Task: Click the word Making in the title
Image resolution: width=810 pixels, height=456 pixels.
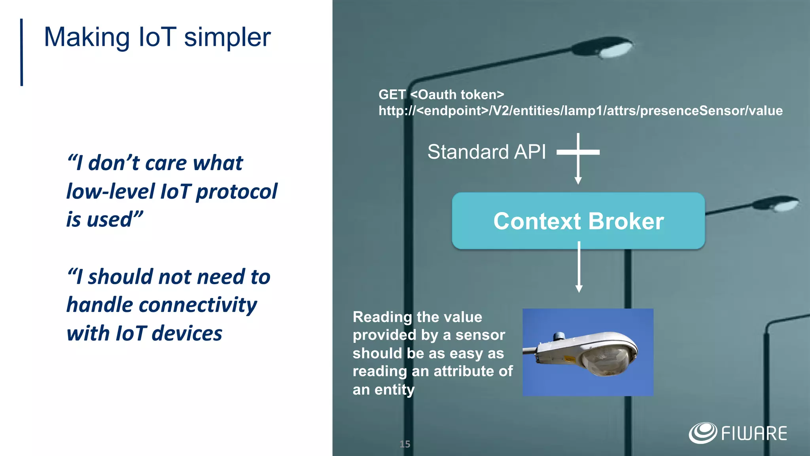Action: tap(87, 38)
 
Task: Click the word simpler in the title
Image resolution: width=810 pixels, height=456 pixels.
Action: tap(227, 38)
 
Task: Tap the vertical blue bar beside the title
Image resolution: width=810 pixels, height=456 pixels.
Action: tap(22, 52)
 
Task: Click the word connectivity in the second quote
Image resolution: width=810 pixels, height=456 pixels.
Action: tap(198, 305)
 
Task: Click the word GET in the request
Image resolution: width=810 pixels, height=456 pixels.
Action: tap(392, 95)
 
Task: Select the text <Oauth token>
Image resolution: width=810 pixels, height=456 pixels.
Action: tap(457, 95)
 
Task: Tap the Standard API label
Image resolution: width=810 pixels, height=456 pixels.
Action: tap(486, 152)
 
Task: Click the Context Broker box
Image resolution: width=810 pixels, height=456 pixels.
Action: tap(578, 221)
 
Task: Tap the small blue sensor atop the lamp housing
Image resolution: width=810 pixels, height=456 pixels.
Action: tap(559, 336)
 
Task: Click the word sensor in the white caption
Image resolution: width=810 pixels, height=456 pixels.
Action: tap(480, 335)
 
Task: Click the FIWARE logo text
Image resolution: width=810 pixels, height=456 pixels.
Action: tap(754, 433)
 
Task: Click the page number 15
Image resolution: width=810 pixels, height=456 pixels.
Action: tap(405, 444)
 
